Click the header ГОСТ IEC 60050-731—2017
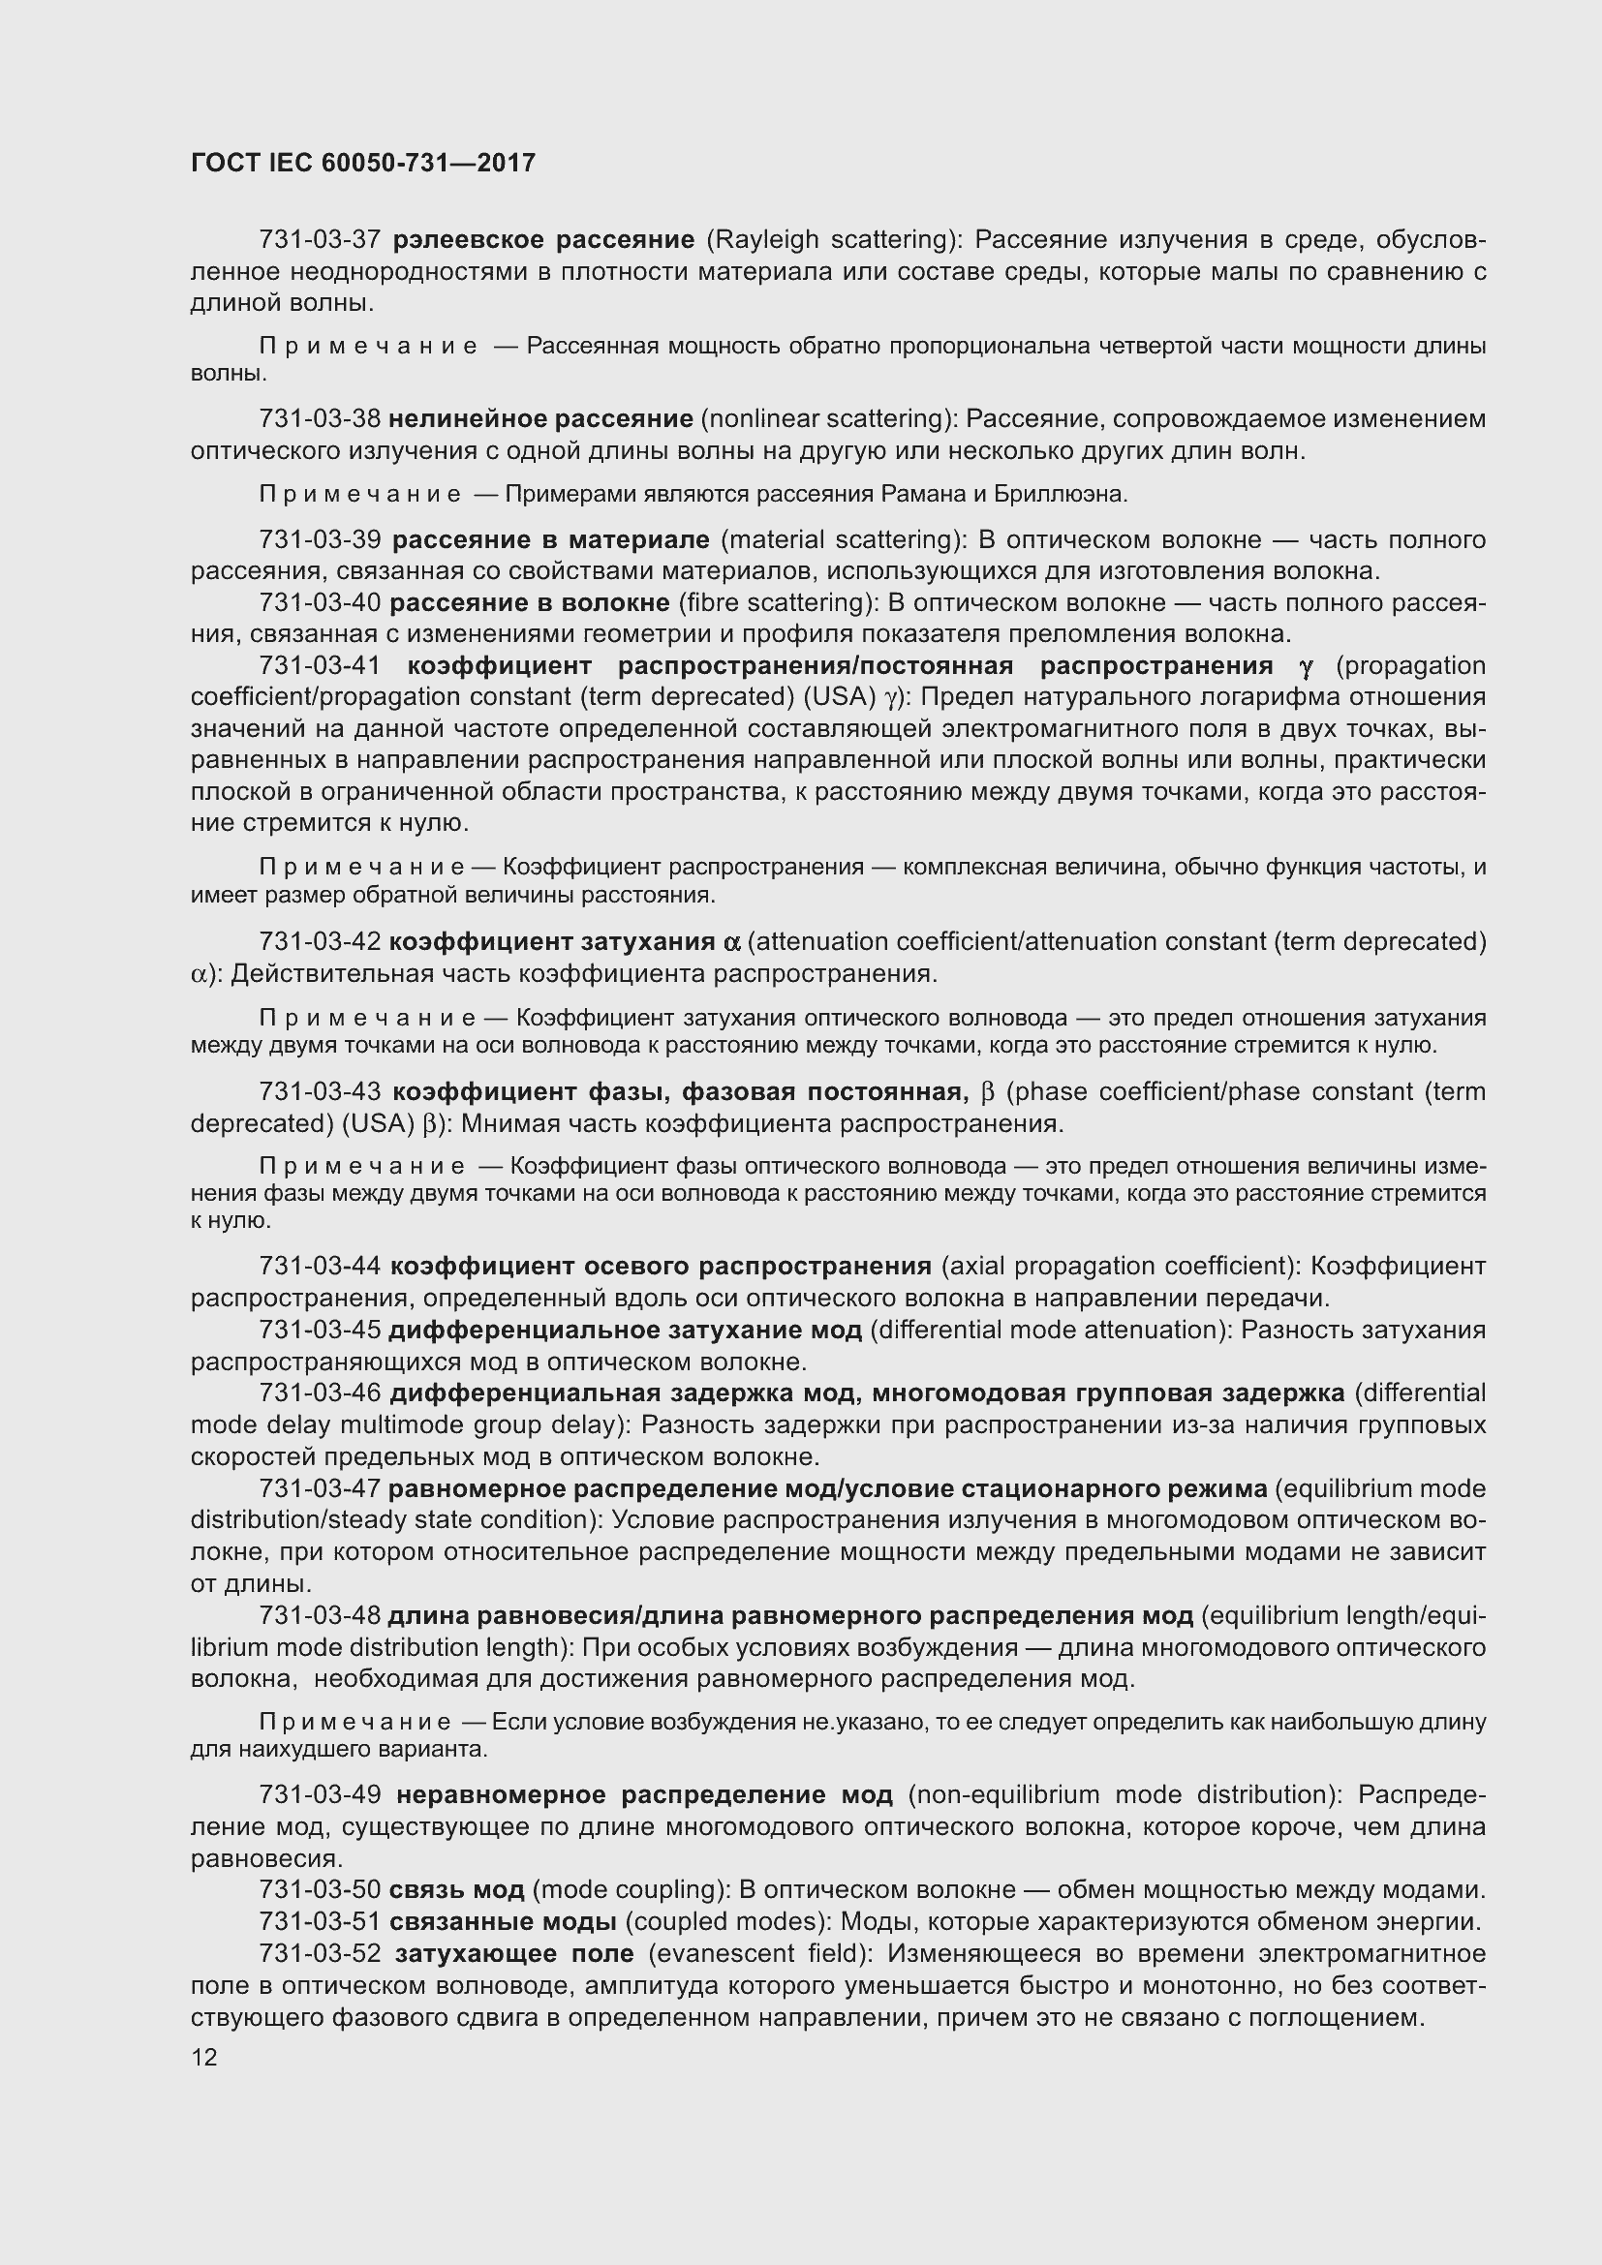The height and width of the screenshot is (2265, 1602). [x=362, y=163]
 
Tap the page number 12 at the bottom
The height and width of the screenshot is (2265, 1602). [x=203, y=2058]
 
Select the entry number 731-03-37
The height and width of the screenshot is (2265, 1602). [x=320, y=240]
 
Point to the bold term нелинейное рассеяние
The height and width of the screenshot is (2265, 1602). [x=540, y=419]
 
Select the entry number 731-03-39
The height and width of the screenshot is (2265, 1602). [x=320, y=539]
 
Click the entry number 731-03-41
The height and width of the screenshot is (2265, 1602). [x=320, y=666]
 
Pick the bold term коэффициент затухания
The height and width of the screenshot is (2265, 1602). [x=551, y=942]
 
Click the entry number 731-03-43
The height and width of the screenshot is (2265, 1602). [x=320, y=1092]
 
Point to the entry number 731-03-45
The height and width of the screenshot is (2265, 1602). [x=320, y=1330]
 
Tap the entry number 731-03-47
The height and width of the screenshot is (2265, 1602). [x=320, y=1488]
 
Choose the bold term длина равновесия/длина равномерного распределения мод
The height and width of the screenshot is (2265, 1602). [x=790, y=1616]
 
